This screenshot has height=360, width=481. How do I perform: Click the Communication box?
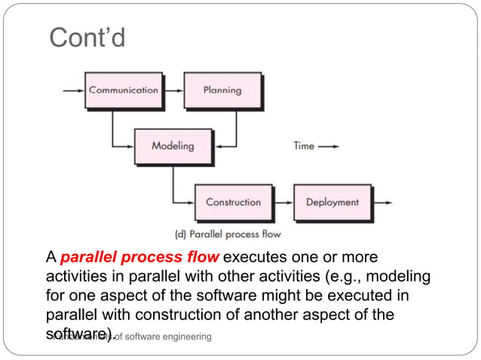(x=124, y=90)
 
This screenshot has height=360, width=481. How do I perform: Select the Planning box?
(x=222, y=90)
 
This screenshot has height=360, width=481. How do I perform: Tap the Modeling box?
(x=173, y=146)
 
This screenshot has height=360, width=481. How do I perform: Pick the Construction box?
(x=233, y=202)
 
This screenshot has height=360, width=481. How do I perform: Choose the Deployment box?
(x=332, y=202)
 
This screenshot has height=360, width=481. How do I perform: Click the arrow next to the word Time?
(x=329, y=146)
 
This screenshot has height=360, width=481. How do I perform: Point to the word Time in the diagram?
(x=304, y=146)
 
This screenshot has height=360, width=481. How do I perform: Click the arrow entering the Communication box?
(x=74, y=90)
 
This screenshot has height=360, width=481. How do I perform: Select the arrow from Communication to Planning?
(x=173, y=90)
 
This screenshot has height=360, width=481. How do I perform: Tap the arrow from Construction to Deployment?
(x=282, y=202)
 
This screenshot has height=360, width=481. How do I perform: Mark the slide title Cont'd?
(x=87, y=37)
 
